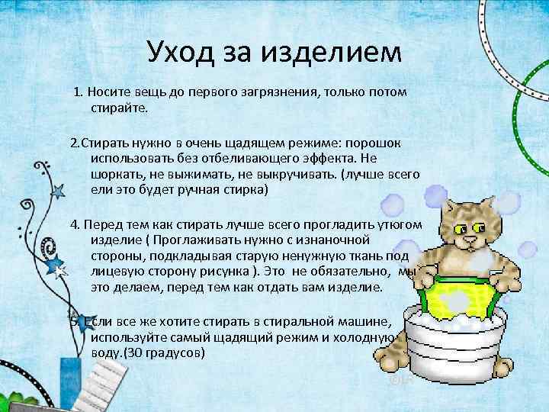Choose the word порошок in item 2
(x=387, y=143)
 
